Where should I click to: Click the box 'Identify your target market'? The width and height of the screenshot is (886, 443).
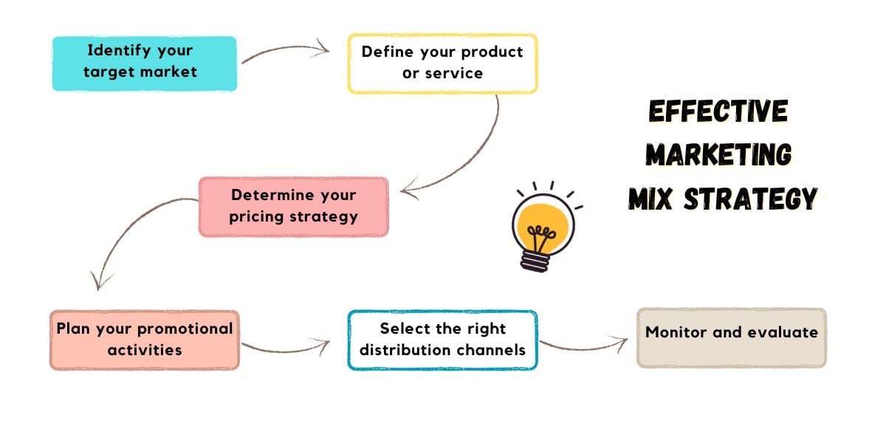pyautogui.click(x=145, y=63)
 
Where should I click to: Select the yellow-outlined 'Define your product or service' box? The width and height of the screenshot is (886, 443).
pyautogui.click(x=442, y=63)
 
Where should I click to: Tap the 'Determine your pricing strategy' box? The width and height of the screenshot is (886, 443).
pyautogui.click(x=293, y=207)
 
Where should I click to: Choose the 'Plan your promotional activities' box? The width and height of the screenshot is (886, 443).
pyautogui.click(x=145, y=340)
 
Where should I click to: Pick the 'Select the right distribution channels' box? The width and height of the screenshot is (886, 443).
pyautogui.click(x=442, y=340)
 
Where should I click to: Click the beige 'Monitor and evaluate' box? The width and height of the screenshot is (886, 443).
pyautogui.click(x=731, y=337)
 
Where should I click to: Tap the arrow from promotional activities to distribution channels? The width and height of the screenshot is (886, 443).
pyautogui.click(x=284, y=347)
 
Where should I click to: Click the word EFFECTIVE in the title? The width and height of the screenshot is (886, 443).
pyautogui.click(x=718, y=111)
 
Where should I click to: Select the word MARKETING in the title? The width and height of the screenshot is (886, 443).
pyautogui.click(x=718, y=155)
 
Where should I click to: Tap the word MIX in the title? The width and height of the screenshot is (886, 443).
pyautogui.click(x=651, y=199)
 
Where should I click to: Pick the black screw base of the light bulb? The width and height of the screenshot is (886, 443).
pyautogui.click(x=537, y=261)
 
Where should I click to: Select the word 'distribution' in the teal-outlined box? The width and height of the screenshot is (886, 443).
pyautogui.click(x=397, y=349)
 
